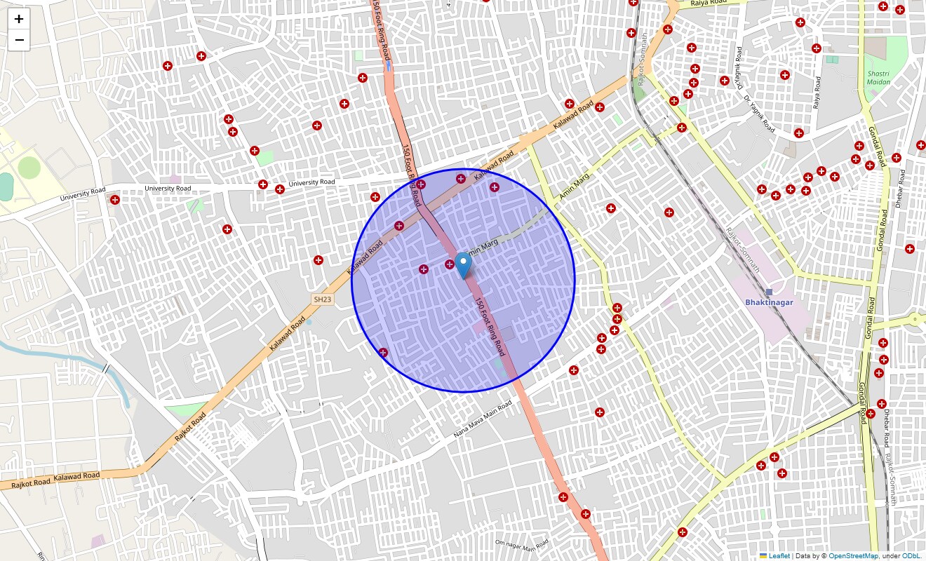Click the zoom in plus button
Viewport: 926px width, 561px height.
tap(19, 19)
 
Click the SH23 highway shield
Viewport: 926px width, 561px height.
tap(322, 299)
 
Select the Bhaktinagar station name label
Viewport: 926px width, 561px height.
tap(770, 302)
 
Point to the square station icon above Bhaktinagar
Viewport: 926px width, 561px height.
tap(769, 292)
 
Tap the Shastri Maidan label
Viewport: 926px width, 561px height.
tap(878, 78)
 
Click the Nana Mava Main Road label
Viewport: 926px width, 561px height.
tap(483, 419)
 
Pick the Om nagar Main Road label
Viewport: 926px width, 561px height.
tap(521, 544)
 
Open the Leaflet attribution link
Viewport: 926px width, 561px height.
tap(779, 555)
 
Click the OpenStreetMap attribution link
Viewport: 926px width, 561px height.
tap(853, 555)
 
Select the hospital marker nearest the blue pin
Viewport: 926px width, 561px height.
tap(450, 264)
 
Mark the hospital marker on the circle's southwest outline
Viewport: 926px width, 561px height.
tap(383, 352)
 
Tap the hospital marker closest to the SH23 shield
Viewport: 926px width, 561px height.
tap(318, 260)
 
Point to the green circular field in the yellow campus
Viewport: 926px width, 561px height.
tap(29, 167)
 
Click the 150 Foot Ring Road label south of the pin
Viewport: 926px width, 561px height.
tap(490, 327)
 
